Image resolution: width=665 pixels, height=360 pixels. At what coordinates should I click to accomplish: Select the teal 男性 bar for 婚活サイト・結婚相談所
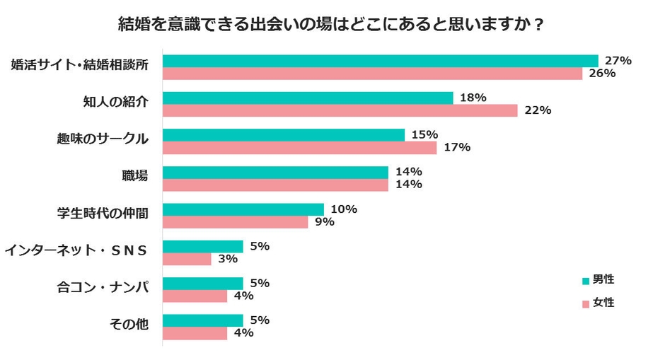point(381,61)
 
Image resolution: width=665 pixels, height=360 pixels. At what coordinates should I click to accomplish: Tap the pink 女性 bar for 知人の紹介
point(340,110)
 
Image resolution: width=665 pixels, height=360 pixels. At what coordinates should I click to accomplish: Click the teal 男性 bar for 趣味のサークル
point(284,134)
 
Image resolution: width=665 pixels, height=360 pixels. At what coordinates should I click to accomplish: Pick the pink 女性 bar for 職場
point(275,185)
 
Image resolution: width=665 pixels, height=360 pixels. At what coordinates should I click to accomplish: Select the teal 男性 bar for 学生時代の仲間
point(243,209)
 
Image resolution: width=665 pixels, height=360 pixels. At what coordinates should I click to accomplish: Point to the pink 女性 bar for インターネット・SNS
point(187,259)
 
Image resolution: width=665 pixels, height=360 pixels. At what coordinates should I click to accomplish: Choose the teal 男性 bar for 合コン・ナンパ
point(203,284)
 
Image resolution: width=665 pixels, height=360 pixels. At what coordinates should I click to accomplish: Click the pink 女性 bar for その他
point(195,333)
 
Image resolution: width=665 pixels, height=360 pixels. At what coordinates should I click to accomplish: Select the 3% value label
point(227,259)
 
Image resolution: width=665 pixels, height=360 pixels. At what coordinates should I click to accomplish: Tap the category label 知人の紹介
point(116,102)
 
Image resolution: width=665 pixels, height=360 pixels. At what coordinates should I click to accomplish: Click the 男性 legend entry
point(598,280)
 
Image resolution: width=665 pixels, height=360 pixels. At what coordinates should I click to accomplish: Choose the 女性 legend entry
point(598,303)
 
